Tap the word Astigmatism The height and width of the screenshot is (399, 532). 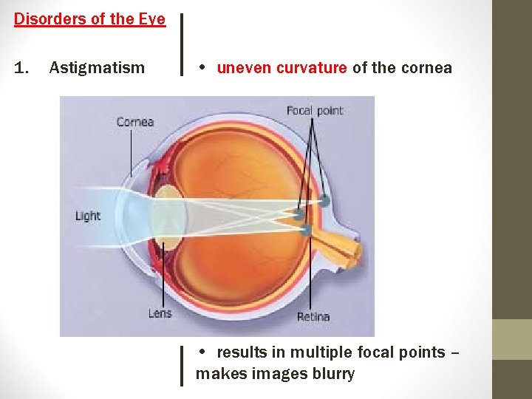point(97,69)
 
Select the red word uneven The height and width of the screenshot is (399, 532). point(244,69)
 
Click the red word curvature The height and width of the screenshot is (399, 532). point(311,69)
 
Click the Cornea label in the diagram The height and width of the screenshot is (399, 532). point(134,122)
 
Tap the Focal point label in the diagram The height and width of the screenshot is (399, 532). point(315,111)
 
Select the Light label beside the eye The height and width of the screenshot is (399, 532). point(87,216)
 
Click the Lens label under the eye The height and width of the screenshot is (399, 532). point(160,313)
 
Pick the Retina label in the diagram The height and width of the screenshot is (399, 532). point(313,317)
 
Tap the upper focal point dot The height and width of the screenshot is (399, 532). point(324,200)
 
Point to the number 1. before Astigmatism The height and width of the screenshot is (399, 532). point(21,69)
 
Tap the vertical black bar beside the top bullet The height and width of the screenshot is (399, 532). point(182,44)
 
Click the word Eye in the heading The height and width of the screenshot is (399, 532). point(151,19)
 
